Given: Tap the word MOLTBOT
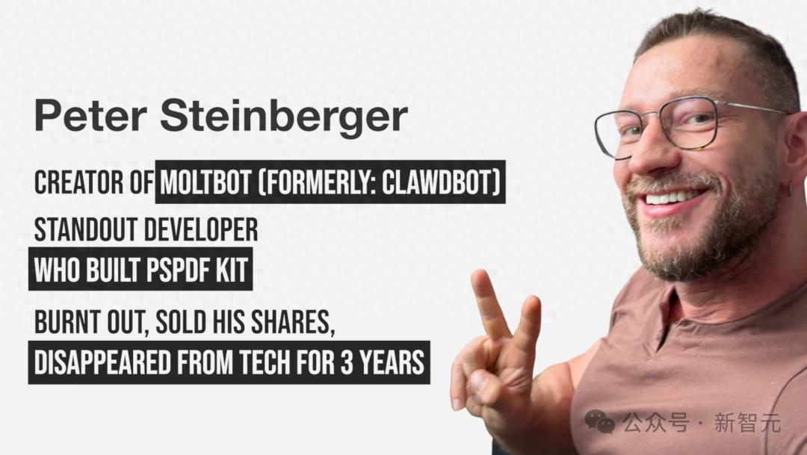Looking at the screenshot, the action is pyautogui.click(x=206, y=183).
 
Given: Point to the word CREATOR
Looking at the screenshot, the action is pyautogui.click(x=78, y=183).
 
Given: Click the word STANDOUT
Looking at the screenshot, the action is pyautogui.click(x=86, y=229).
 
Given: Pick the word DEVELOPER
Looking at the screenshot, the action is pyautogui.click(x=201, y=229).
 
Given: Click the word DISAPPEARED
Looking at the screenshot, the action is pyautogui.click(x=102, y=362).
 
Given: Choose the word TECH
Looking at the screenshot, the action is pyautogui.click(x=262, y=362).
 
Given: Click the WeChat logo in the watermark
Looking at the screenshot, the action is pyautogui.click(x=599, y=422).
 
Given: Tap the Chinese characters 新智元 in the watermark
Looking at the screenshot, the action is pyautogui.click(x=747, y=423).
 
